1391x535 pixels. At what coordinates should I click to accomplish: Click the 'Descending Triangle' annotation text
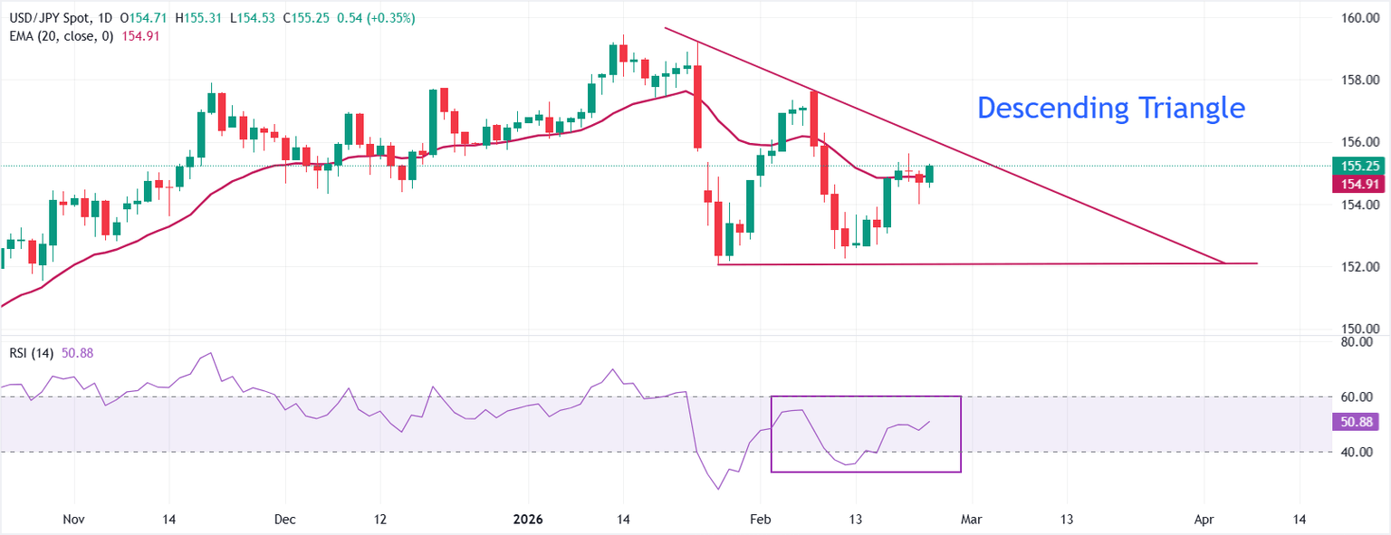[x=1111, y=109]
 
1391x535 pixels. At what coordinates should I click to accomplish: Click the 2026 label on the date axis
[x=527, y=520]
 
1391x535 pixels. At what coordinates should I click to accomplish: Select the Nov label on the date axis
[x=75, y=520]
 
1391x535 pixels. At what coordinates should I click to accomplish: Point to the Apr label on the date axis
[x=1204, y=520]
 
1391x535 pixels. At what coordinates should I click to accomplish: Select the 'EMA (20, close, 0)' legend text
[x=58, y=35]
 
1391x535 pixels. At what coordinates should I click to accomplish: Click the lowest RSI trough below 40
[x=719, y=490]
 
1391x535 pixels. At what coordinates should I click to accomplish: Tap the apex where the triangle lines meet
[x=1225, y=263]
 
